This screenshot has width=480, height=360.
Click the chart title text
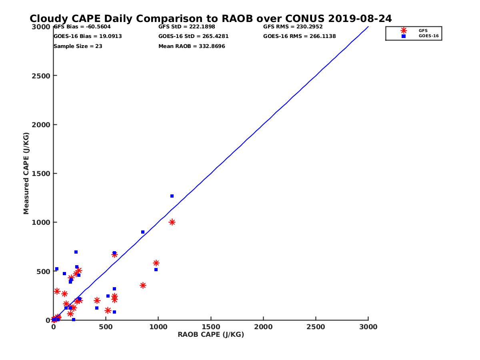pos(211,19)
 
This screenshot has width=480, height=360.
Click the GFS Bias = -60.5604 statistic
pos(82,27)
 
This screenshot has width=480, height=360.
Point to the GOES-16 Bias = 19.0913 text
pos(88,36)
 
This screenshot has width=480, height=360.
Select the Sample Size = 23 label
pos(78,46)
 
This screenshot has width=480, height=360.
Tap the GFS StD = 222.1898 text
pos(187,27)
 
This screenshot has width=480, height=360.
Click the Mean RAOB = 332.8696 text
pos(192,46)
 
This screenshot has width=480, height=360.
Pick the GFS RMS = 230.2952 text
pos(293,27)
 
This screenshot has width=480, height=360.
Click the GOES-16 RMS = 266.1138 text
pos(300,36)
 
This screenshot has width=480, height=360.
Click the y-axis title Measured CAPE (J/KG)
pos(26,173)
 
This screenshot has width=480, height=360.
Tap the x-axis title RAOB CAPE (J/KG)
pos(211,335)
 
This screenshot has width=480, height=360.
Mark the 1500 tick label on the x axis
pos(211,327)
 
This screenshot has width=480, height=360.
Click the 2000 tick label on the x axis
pos(263,327)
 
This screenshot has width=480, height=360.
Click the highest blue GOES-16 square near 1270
pos(172,196)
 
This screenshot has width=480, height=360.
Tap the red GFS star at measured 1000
pos(172,222)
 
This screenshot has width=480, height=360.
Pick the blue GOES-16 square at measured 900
pos(143,232)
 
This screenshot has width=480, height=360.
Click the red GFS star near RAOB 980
pos(156,263)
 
